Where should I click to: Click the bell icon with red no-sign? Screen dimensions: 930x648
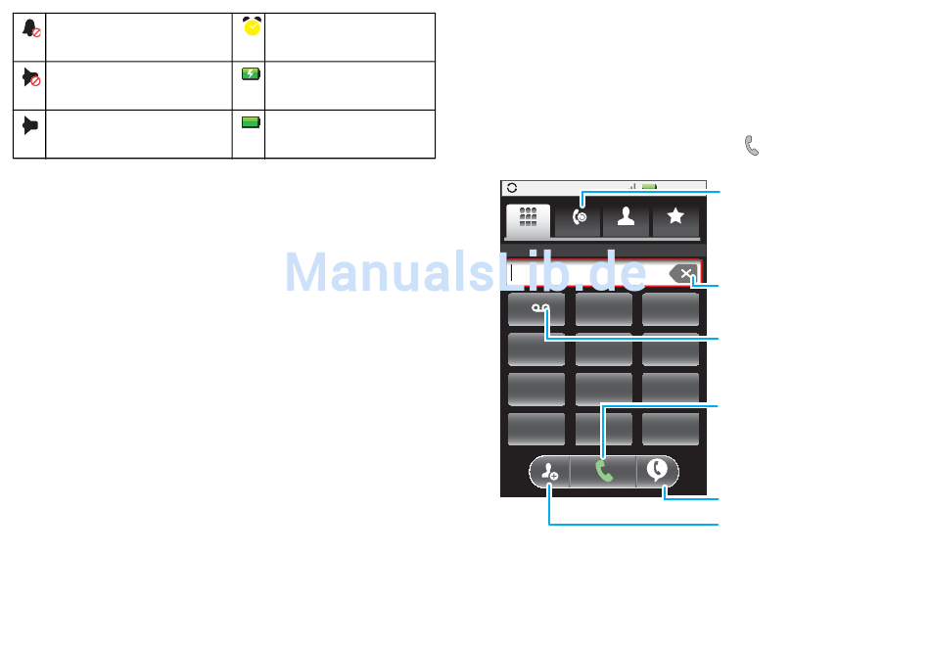[30, 29]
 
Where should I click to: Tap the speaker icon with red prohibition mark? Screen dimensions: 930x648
[30, 78]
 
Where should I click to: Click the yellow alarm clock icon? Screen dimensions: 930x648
[253, 28]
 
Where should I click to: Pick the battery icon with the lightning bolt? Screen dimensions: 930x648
[252, 74]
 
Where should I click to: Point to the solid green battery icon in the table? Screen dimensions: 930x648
[252, 122]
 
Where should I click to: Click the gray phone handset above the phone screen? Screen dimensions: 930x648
[752, 146]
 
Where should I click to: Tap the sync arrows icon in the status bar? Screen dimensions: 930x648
[511, 187]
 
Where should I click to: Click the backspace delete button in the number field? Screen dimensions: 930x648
[685, 274]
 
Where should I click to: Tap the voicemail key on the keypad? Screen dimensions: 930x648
[537, 309]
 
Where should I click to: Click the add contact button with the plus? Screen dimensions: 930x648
[549, 473]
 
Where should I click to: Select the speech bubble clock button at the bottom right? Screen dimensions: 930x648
[658, 472]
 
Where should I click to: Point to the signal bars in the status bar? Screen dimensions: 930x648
[632, 186]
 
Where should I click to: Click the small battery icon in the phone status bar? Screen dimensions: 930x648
[649, 186]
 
